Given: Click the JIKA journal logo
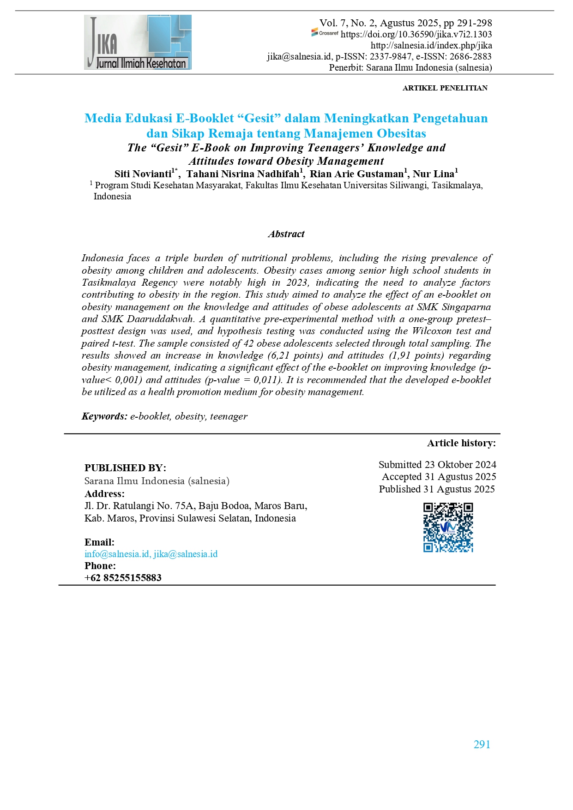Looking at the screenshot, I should [x=138, y=42].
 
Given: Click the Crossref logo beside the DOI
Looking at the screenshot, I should [x=325, y=33].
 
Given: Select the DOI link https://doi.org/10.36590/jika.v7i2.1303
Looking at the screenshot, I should [x=416, y=34].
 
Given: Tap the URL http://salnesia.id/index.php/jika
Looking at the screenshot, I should [x=431, y=45].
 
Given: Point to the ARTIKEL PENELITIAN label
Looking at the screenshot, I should [x=445, y=88].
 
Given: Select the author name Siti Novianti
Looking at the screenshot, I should [x=143, y=174].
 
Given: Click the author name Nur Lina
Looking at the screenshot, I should [x=433, y=174].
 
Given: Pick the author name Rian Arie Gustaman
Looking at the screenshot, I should [x=356, y=174].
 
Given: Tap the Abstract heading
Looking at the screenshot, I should [x=286, y=234].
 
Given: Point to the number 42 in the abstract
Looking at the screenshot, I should [x=248, y=343].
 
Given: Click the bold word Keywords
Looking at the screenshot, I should [x=104, y=416].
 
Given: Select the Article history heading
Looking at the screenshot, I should [x=461, y=443].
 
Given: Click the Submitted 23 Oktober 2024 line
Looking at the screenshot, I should [x=437, y=465].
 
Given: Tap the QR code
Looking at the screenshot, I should [x=448, y=527].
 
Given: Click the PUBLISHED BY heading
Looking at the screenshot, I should [x=125, y=468].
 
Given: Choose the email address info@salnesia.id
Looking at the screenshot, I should [x=117, y=554].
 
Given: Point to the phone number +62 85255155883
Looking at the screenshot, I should [x=123, y=578].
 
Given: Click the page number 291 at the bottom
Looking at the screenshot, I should [x=482, y=744].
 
